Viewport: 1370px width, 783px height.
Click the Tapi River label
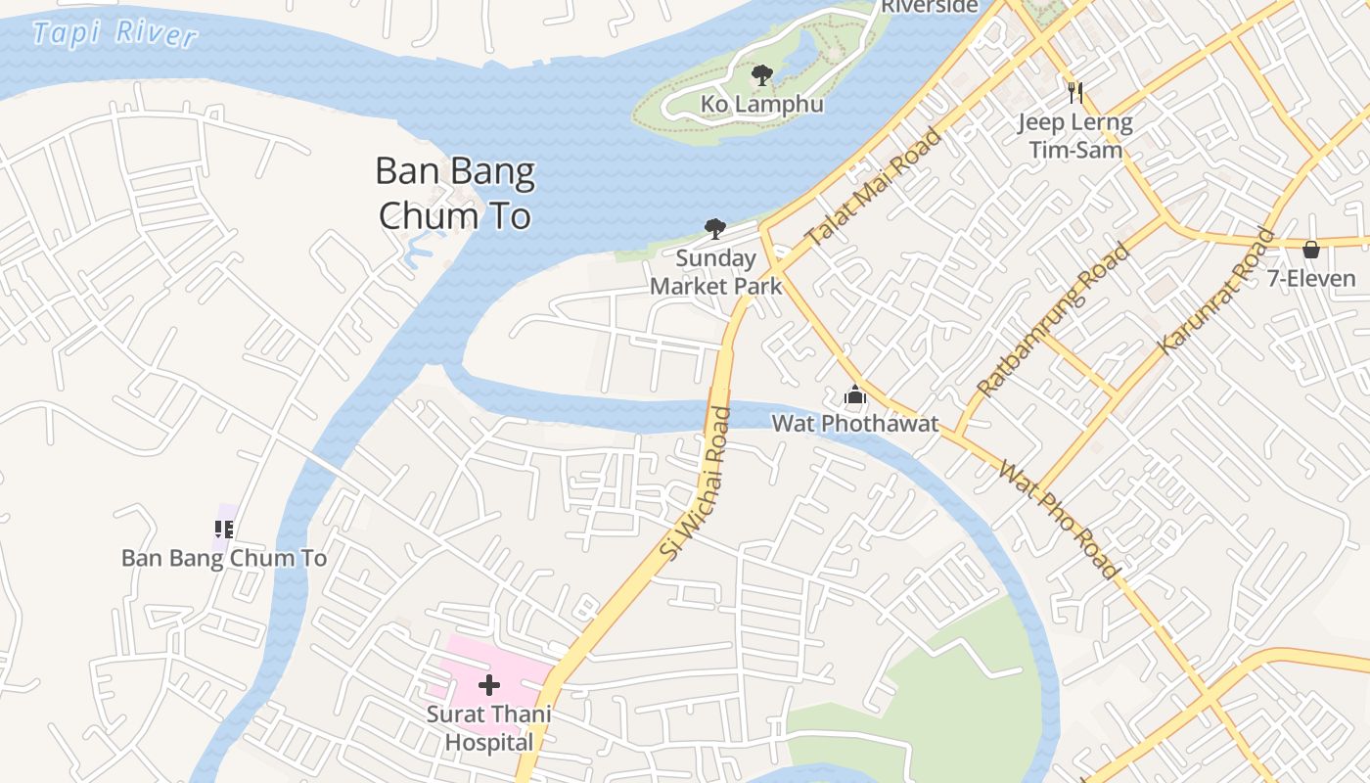coord(114,33)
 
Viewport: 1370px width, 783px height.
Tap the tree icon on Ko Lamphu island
coord(761,74)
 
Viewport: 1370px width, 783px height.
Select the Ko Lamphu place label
coord(761,104)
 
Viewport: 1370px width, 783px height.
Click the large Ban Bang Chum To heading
coord(455,193)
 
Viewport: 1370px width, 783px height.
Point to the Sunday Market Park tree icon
coord(715,229)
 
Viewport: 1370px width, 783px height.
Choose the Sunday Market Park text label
coord(715,272)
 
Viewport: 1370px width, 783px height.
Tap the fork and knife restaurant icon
coord(1075,93)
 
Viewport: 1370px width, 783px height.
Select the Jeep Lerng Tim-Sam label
coord(1075,136)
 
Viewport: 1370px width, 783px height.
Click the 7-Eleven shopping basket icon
coord(1311,250)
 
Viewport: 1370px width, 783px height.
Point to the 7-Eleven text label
coord(1311,279)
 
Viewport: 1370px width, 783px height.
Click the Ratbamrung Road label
coord(1053,320)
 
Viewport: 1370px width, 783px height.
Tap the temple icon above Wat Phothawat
coord(855,395)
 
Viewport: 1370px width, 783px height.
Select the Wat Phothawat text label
coord(855,424)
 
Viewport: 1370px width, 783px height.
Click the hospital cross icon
coord(489,685)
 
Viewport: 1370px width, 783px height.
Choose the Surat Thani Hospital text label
coord(489,728)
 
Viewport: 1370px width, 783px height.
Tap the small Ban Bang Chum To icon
coord(224,530)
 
